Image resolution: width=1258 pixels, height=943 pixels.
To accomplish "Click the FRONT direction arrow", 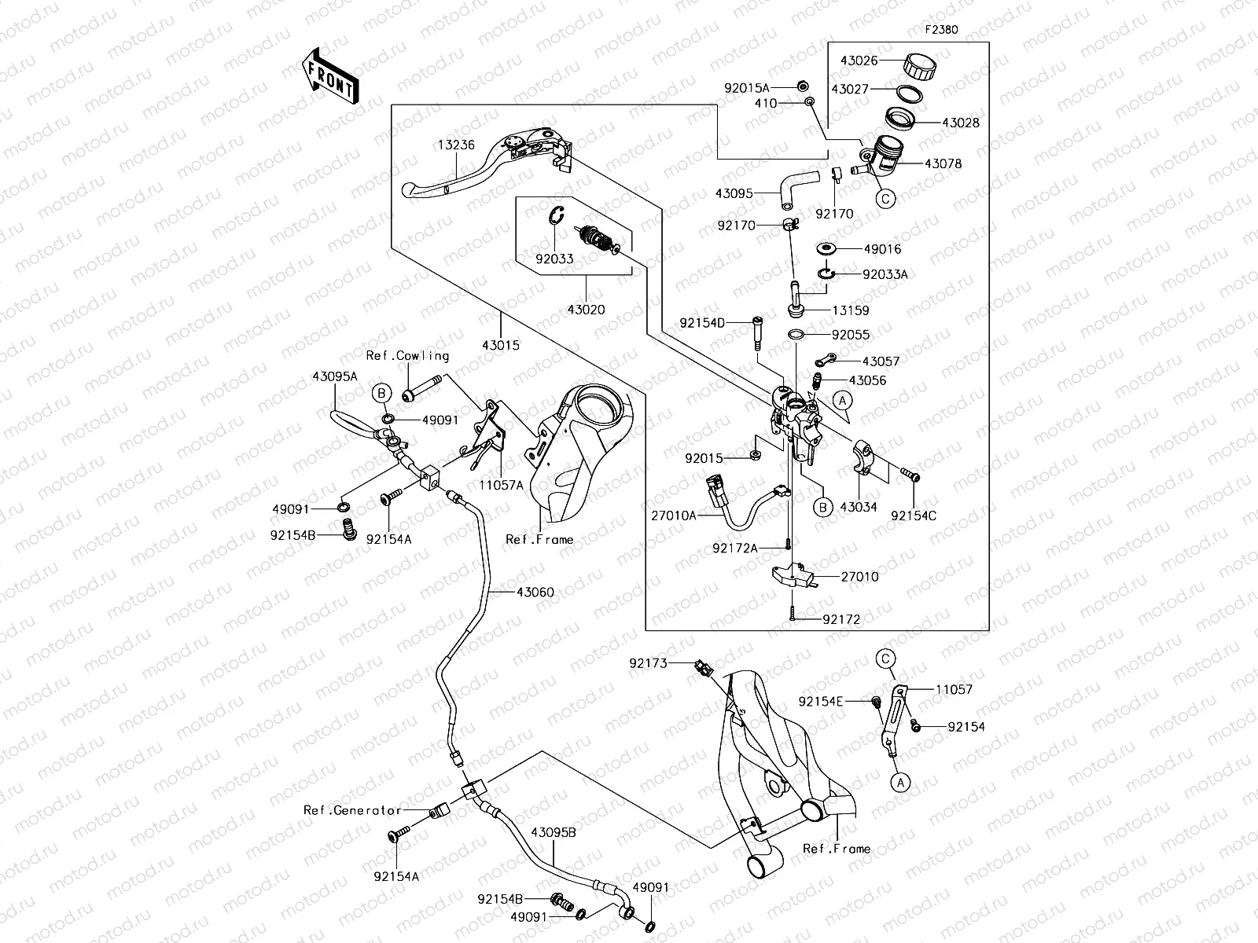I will tap(329, 77).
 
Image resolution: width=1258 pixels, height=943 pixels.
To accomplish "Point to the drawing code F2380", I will tap(941, 30).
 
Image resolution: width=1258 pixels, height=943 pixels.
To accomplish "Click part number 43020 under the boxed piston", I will tap(586, 310).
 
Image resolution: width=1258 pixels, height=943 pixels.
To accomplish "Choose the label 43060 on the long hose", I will tap(535, 592).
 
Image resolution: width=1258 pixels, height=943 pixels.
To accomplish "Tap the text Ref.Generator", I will tap(353, 810).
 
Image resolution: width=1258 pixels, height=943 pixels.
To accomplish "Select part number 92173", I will tap(648, 663).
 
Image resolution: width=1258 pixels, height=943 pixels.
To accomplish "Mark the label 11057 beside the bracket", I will tap(954, 689).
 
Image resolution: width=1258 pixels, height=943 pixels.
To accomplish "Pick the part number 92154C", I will tap(914, 516).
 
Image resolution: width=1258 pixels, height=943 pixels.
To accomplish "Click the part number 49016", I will tap(882, 249).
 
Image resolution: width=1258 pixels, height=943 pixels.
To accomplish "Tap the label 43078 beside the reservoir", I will tap(943, 164).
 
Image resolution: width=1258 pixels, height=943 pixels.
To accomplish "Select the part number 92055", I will tap(851, 335).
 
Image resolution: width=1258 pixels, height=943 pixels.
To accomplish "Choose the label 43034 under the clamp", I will tap(858, 507).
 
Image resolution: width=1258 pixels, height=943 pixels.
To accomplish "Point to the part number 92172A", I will tap(735, 548).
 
